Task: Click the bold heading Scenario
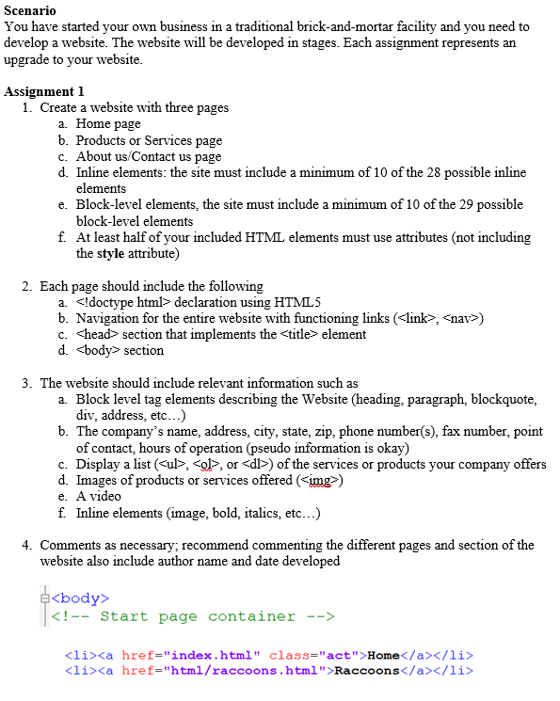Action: (30, 11)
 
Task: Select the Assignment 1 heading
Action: (44, 91)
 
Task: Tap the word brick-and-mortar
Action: (322, 26)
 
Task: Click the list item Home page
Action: (108, 123)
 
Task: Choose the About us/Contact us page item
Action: (149, 155)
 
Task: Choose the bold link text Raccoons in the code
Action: (367, 671)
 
